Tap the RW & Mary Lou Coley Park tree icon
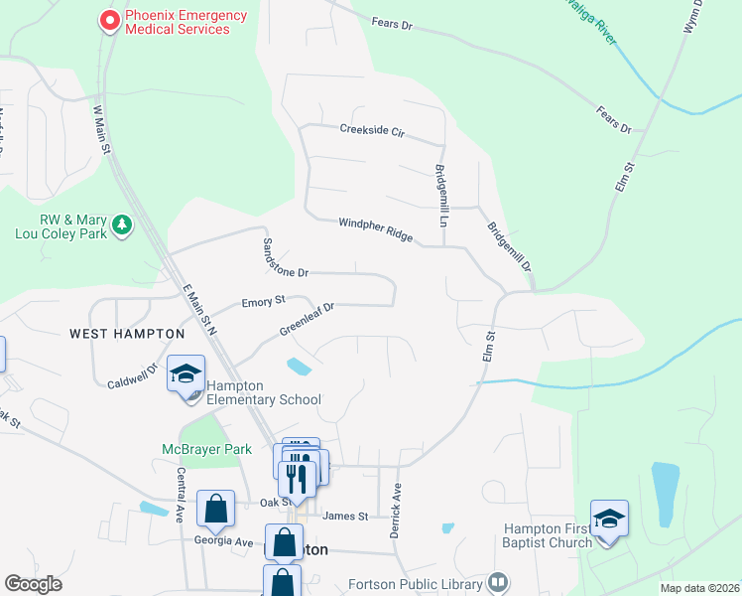[122, 225]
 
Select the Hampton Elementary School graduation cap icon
[185, 374]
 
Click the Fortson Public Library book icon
[499, 582]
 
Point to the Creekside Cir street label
[372, 129]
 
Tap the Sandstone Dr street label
[285, 257]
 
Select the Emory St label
[263, 300]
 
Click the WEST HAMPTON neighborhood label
[127, 334]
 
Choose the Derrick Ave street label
[396, 511]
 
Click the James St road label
[345, 517]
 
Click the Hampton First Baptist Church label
[548, 535]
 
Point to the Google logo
[33, 584]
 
